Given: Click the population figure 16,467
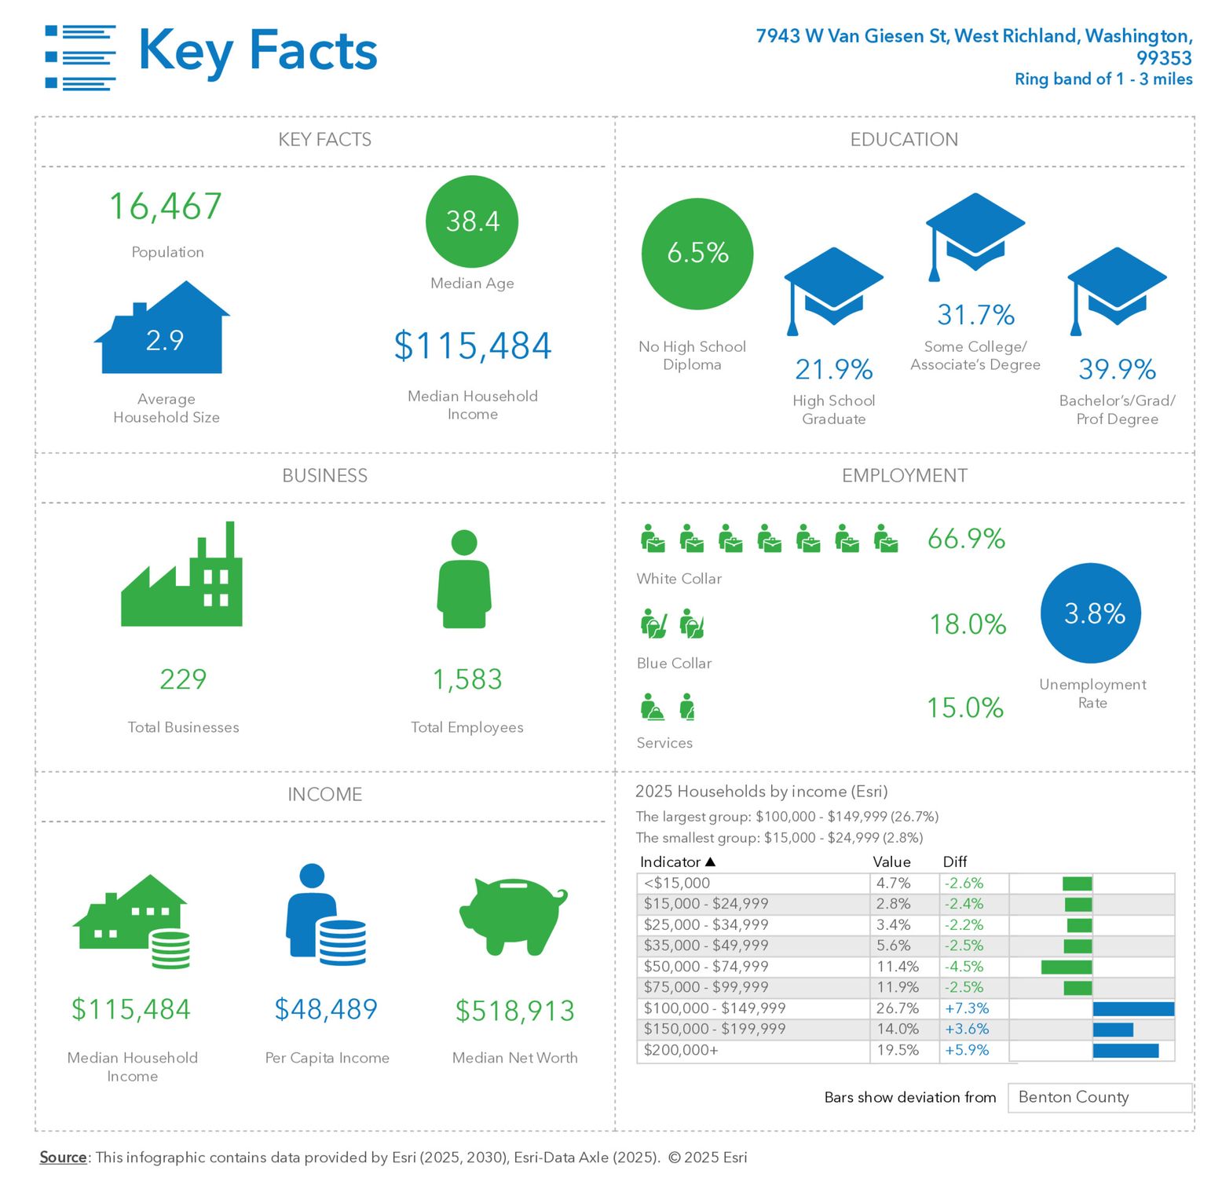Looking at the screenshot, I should pyautogui.click(x=166, y=207).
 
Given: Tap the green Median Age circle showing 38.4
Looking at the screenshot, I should pyautogui.click(x=472, y=221).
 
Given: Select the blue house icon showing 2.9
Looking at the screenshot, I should pyautogui.click(x=163, y=334).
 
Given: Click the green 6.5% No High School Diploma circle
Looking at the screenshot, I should pyautogui.click(x=697, y=253).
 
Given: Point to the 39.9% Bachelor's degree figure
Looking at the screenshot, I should pyautogui.click(x=1117, y=369).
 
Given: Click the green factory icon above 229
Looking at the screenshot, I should pyautogui.click(x=182, y=578).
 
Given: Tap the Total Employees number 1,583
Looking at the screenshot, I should pyautogui.click(x=467, y=679).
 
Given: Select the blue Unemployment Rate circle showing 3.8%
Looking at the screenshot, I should pyautogui.click(x=1091, y=613).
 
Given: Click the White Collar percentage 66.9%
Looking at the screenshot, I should pyautogui.click(x=966, y=539).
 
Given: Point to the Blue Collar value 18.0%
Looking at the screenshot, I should pyautogui.click(x=968, y=624).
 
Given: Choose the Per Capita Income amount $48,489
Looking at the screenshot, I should pyautogui.click(x=326, y=1009).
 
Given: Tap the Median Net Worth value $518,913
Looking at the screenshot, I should pyautogui.click(x=515, y=1011).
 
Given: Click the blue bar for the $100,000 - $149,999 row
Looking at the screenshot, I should pyautogui.click(x=1133, y=1009).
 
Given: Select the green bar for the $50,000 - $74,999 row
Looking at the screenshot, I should pyautogui.click(x=1067, y=968).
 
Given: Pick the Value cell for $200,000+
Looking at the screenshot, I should pyautogui.click(x=898, y=1051).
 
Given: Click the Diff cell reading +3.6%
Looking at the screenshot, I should pyautogui.click(x=967, y=1030).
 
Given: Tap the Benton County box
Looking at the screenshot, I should pyautogui.click(x=1099, y=1098).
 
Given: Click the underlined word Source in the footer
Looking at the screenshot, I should pyautogui.click(x=64, y=1158).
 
